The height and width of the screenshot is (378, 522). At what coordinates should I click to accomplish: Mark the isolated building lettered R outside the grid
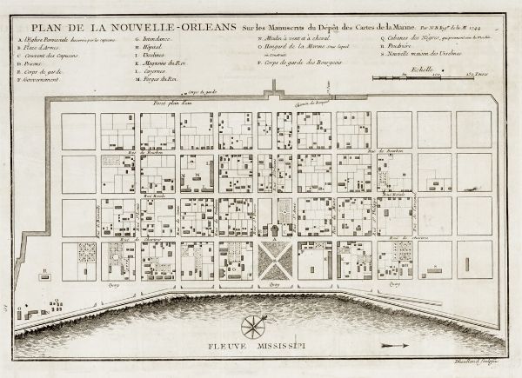44,275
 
